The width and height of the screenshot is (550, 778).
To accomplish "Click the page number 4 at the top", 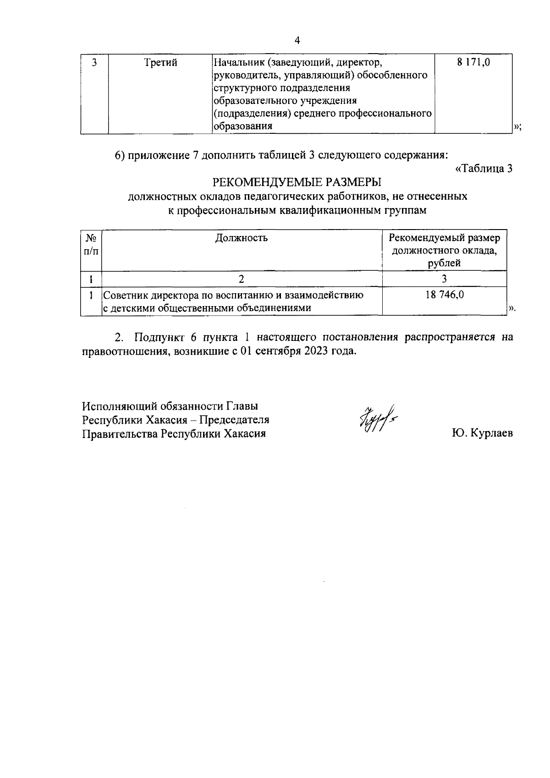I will point(297,41).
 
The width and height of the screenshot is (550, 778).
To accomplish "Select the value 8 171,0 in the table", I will point(473,62).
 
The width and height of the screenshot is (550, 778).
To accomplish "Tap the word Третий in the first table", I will point(160,63).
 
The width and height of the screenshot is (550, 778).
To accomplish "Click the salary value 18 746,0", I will point(445,295).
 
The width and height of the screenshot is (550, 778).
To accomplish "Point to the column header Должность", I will point(242,238).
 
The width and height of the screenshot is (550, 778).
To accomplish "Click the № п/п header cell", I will point(91,245).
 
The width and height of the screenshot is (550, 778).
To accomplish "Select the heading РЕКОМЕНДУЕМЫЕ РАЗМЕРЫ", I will point(297,182).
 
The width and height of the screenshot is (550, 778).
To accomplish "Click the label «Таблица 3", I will point(483,169).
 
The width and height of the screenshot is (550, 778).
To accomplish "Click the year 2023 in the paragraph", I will point(316,351).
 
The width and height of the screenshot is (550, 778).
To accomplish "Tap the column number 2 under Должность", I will point(242,279).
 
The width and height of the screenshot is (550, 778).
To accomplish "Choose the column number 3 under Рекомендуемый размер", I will point(444,279).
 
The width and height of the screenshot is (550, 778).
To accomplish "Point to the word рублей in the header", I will point(444,263).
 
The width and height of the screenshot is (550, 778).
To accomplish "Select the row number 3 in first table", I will point(94,62).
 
